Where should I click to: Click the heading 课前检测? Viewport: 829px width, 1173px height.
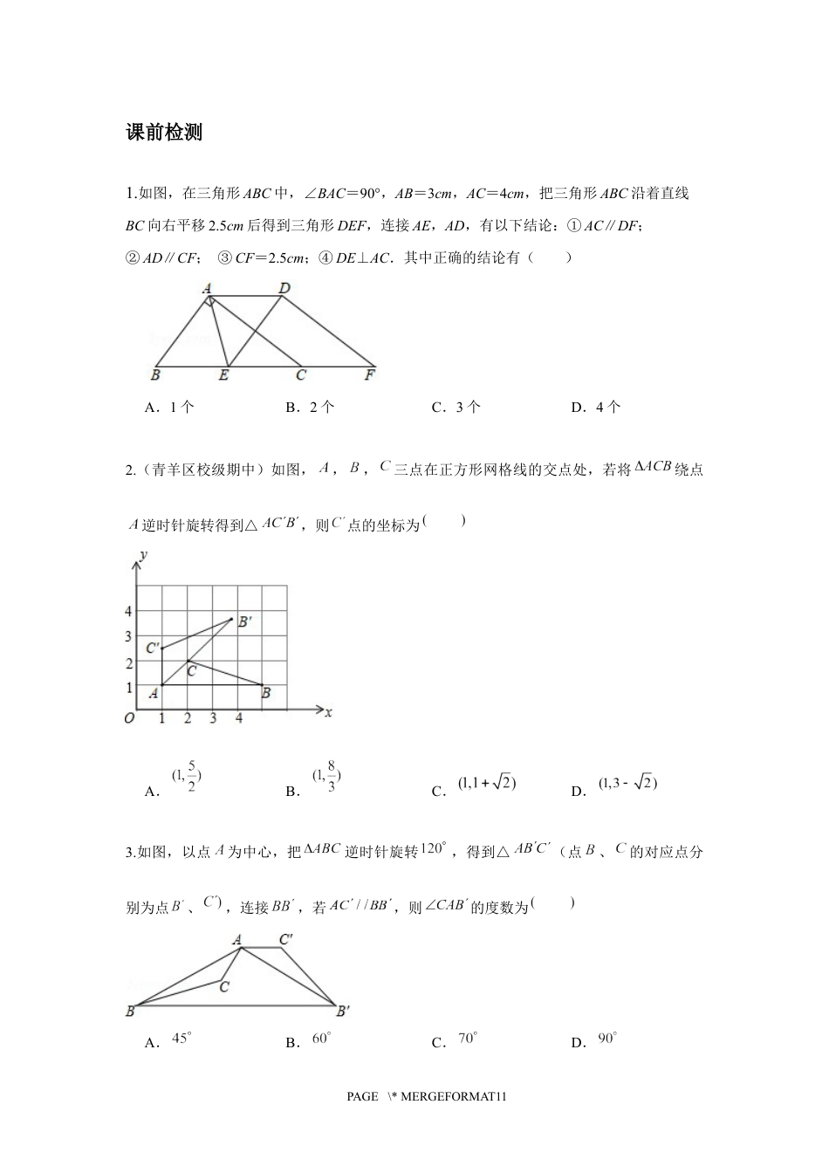164,133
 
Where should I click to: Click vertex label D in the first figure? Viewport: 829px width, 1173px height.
284,287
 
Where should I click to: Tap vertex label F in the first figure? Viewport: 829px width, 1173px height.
370,376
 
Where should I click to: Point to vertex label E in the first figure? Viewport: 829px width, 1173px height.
224,376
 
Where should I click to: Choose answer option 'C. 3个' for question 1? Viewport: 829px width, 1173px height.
456,407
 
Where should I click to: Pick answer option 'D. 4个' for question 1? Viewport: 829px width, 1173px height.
595,407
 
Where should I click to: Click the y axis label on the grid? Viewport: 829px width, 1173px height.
143,553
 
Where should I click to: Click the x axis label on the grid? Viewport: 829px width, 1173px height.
328,712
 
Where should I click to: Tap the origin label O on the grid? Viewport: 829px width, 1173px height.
129,718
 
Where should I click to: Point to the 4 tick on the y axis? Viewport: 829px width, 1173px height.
128,612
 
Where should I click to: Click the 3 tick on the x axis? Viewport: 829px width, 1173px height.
213,718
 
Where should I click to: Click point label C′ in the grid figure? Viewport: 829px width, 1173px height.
152,648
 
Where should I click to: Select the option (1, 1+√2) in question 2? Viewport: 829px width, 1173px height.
486,784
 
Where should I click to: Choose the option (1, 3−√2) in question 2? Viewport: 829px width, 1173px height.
627,784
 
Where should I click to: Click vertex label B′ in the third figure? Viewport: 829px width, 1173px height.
343,1011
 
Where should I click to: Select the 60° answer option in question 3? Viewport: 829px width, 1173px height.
321,1039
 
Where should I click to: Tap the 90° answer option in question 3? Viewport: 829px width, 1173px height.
606,1039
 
